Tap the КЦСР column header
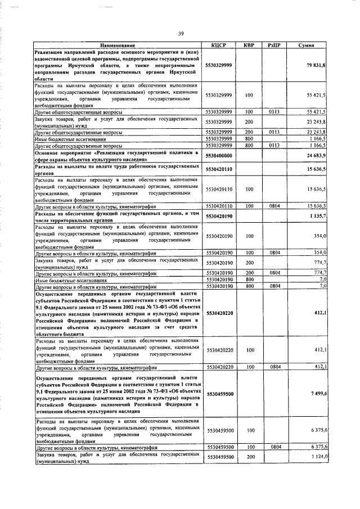219,45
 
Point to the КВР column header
249,45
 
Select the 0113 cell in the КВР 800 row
274,145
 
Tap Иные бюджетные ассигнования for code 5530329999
70,139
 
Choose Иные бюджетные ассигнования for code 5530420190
70,280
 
